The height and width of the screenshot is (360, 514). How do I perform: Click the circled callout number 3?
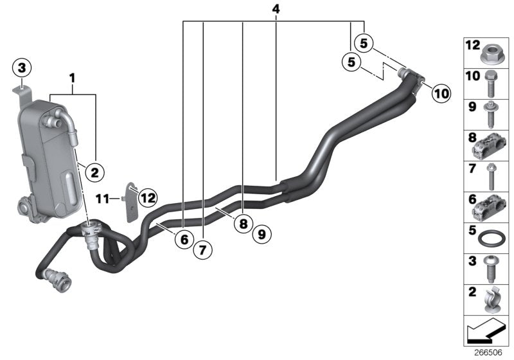point(22,67)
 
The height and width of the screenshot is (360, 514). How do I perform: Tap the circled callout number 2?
point(94,172)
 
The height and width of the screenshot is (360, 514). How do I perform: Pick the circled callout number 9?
point(261,235)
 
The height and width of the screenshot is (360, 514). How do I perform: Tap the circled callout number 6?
point(184,239)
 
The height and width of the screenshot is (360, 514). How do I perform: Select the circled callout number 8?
point(242,224)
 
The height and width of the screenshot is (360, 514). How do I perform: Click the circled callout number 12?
point(148,198)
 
